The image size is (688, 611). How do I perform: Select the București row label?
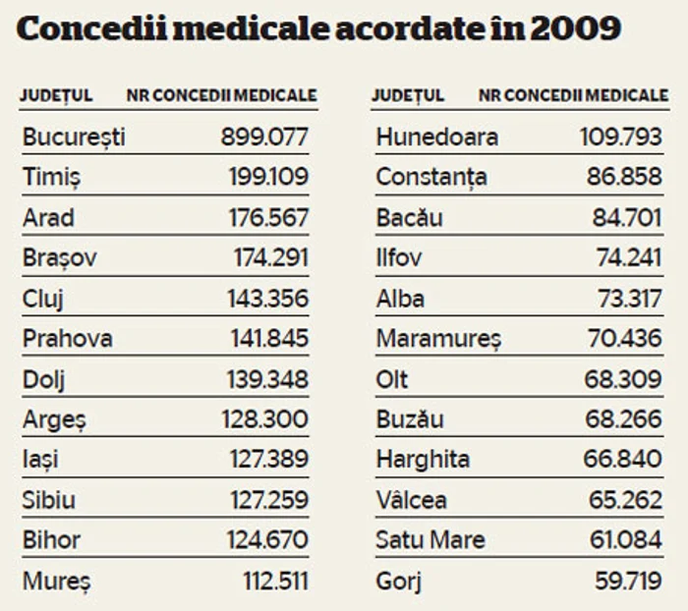point(74,137)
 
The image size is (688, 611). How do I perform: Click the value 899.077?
point(264,137)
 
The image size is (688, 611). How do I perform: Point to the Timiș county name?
point(52,177)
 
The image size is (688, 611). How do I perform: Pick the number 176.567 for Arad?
point(264,217)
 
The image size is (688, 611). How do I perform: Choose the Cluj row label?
point(45,299)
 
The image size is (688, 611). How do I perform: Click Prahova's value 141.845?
point(264,339)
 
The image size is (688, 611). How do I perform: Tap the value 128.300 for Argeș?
point(264,419)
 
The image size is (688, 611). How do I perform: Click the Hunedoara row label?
point(436,137)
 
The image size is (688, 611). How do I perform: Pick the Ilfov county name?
point(398,258)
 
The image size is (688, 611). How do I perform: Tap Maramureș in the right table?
point(438,339)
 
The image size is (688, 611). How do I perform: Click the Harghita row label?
point(423,460)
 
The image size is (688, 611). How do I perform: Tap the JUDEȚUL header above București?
point(57,96)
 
